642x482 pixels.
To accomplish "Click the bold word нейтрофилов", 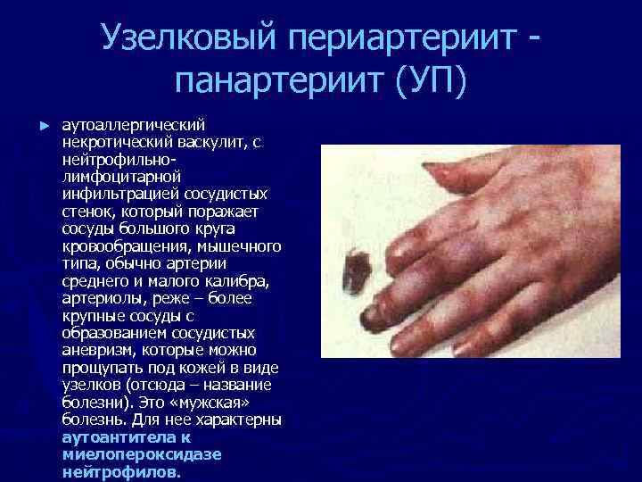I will (120, 471).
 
